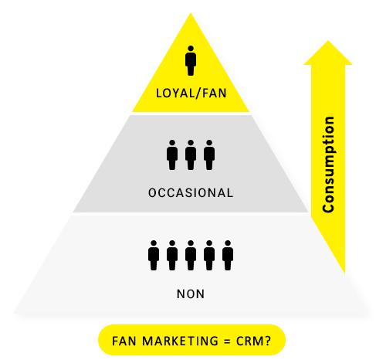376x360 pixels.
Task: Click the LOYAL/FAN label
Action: tap(191, 93)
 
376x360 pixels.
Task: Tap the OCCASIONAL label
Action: tap(191, 193)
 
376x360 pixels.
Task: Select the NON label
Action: tap(191, 294)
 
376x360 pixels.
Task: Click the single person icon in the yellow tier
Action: tap(191, 61)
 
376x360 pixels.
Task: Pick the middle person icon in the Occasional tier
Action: tap(191, 155)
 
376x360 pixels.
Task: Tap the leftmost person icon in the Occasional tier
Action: tap(172, 155)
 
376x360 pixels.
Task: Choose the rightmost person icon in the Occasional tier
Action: tap(209, 155)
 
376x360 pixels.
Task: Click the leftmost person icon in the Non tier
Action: tap(154, 256)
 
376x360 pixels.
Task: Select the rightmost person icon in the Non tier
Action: tap(228, 256)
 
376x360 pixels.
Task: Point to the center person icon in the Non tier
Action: tap(191, 256)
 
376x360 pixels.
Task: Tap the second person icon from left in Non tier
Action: tap(172, 256)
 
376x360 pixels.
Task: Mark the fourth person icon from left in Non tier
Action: tap(209, 256)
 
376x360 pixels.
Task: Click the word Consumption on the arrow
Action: tap(329, 165)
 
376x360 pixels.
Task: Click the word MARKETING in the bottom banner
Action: tap(181, 341)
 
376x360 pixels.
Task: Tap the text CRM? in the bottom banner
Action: tap(253, 341)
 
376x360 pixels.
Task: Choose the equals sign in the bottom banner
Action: tap(227, 341)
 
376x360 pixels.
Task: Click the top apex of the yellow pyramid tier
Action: tap(191, 13)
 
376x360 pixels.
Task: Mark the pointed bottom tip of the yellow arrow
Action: tap(344, 273)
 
